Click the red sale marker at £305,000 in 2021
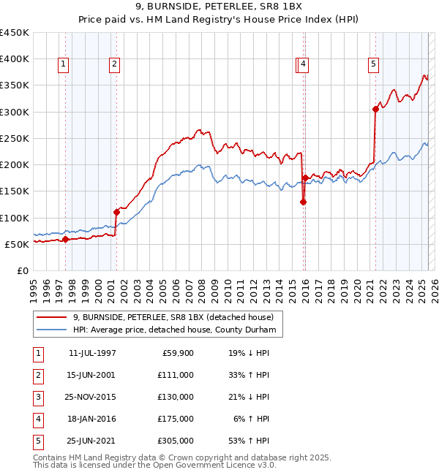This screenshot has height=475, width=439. click(x=375, y=109)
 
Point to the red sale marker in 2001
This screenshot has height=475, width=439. click(x=116, y=212)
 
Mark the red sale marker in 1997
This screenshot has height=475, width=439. click(x=65, y=239)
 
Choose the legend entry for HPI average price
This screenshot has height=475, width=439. click(x=173, y=330)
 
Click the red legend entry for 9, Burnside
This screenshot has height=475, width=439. click(x=173, y=317)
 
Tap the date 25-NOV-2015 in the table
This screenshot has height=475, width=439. click(x=91, y=397)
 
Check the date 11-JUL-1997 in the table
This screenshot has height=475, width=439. click(x=91, y=353)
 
